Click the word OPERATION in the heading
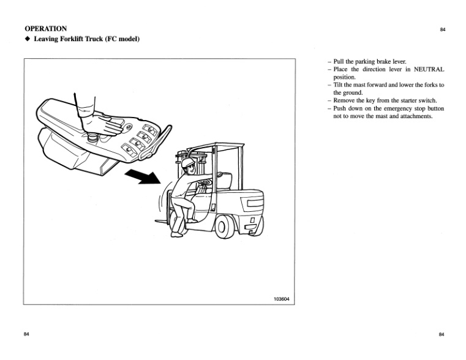[x=46, y=28]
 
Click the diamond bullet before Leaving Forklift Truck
[x=27, y=40]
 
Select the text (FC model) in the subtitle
[x=123, y=40]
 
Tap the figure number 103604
[x=281, y=299]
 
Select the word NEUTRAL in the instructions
[x=425, y=70]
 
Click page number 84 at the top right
[x=442, y=29]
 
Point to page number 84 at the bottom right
[x=442, y=334]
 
